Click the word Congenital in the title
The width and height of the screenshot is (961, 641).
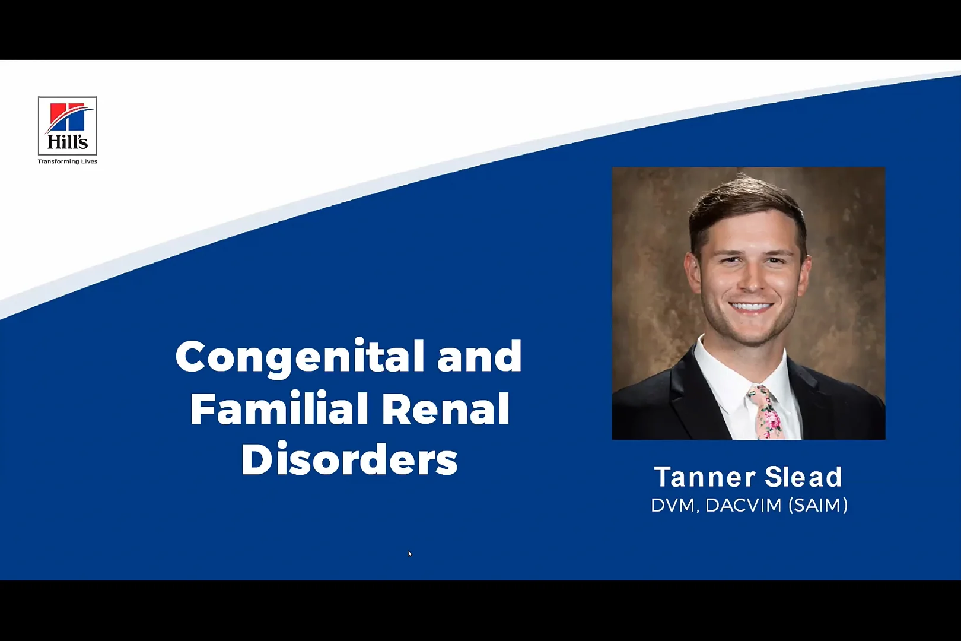pyautogui.click(x=300, y=357)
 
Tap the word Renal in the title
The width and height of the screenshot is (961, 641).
pyautogui.click(x=445, y=408)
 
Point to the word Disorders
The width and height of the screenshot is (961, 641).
pyautogui.click(x=349, y=459)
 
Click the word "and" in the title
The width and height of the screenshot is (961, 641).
pyautogui.click(x=479, y=357)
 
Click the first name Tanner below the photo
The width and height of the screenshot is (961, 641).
pyautogui.click(x=704, y=477)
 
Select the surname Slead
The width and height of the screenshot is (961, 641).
pyautogui.click(x=803, y=477)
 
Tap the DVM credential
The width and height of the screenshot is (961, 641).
pyautogui.click(x=672, y=505)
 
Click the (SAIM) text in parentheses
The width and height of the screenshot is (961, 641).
pyautogui.click(x=818, y=505)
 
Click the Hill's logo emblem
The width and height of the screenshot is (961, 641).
pyautogui.click(x=68, y=126)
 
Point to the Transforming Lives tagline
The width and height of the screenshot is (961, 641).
pyautogui.click(x=68, y=161)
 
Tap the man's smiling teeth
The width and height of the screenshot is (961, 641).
pyautogui.click(x=750, y=307)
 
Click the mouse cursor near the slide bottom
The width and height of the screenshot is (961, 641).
pyautogui.click(x=409, y=553)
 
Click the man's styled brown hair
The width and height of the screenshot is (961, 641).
pyautogui.click(x=744, y=202)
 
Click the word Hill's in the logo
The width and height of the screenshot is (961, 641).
pyautogui.click(x=68, y=142)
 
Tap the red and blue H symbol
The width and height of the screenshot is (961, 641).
pyautogui.click(x=68, y=117)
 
